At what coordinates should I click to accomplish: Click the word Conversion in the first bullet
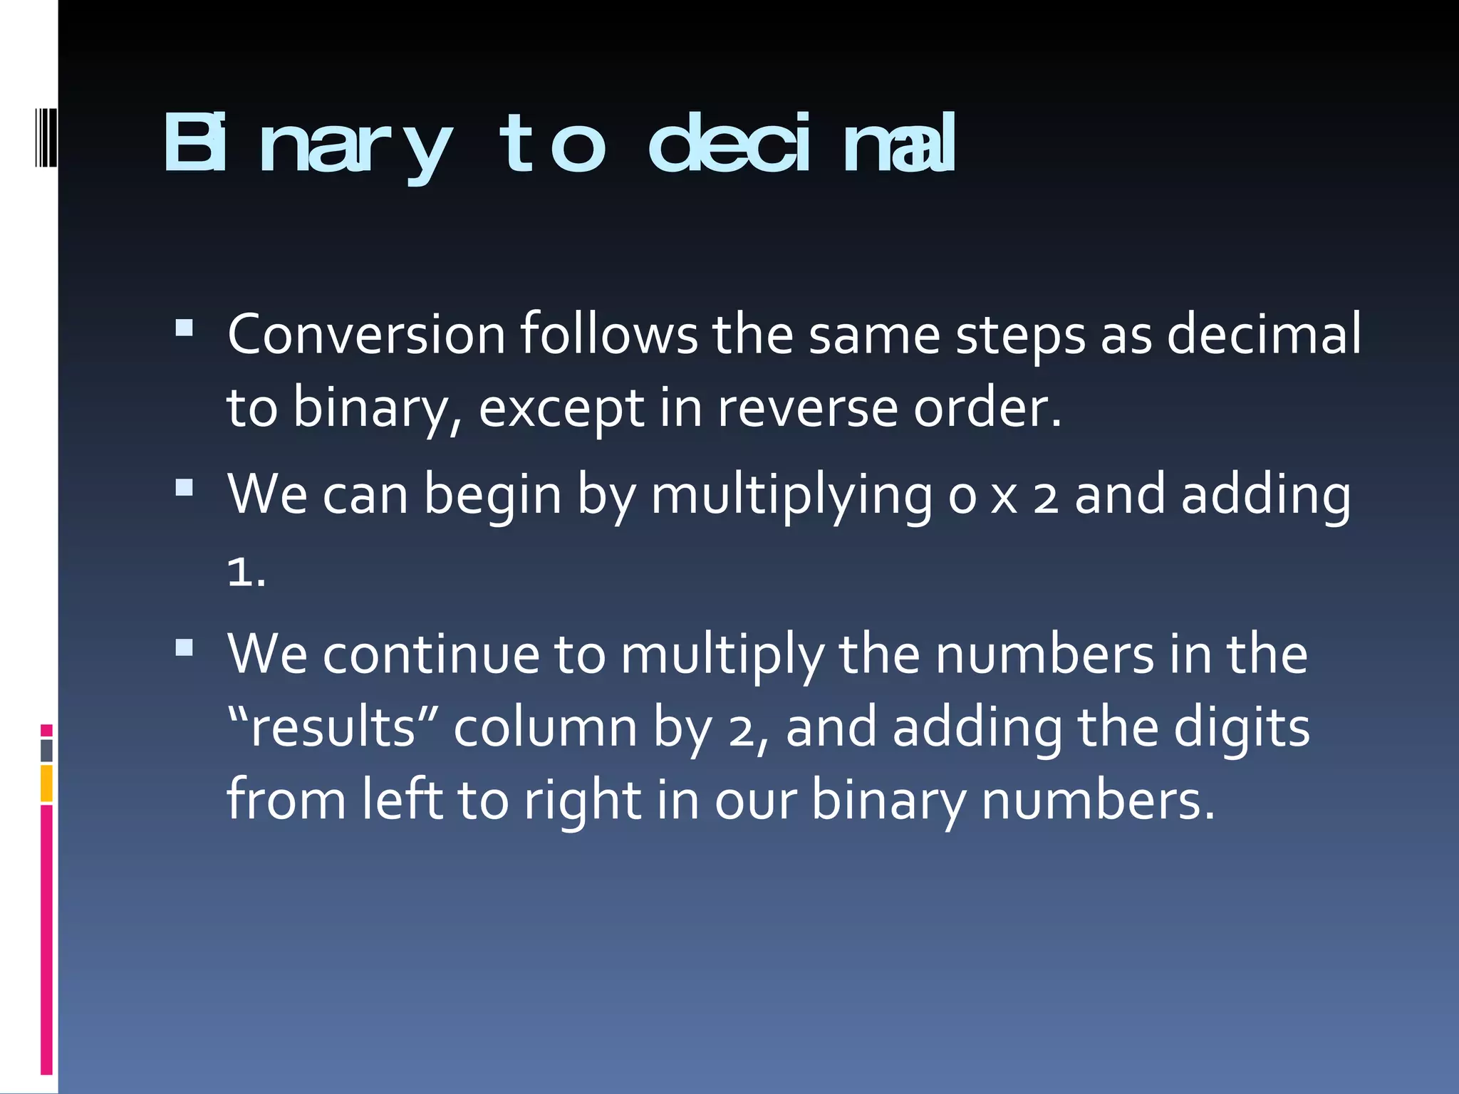[x=366, y=334]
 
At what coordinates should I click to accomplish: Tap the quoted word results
[x=333, y=728]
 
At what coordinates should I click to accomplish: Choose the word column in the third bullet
[x=545, y=728]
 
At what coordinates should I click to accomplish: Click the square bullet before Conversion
[x=184, y=328]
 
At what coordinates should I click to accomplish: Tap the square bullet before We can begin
[x=184, y=487]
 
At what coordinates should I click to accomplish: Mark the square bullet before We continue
[x=184, y=647]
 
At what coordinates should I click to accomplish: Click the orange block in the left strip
[x=46, y=783]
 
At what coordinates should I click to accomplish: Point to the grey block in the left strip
[x=46, y=751]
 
